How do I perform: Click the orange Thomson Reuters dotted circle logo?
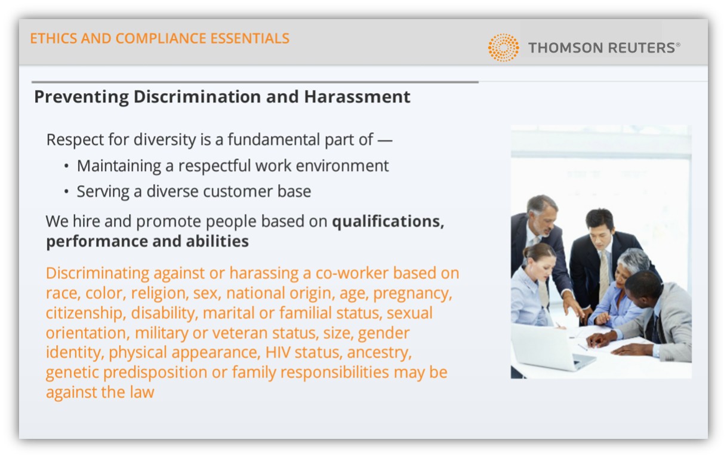(x=503, y=47)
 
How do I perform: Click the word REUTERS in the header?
(x=642, y=48)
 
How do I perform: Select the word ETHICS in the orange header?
(x=54, y=38)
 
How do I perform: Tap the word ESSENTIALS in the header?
(x=249, y=38)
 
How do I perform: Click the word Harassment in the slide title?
(x=357, y=97)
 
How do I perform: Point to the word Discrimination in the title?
(x=197, y=97)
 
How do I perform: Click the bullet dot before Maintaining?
(x=66, y=166)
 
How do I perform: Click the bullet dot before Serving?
(x=66, y=192)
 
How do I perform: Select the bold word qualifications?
(x=388, y=222)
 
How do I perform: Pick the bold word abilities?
(x=217, y=241)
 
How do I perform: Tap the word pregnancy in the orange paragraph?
(x=412, y=294)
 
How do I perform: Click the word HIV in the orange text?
(x=278, y=352)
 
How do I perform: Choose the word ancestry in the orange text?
(x=379, y=353)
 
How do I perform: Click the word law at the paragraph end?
(x=142, y=392)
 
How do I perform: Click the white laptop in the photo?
(x=552, y=348)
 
